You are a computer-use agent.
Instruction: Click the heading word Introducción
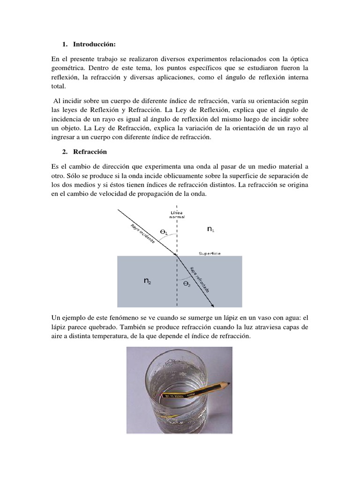[x=93, y=45]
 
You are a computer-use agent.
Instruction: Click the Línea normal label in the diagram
[x=177, y=215]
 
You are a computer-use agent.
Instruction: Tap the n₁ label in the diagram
[x=211, y=229]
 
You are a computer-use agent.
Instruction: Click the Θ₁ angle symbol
[x=164, y=231]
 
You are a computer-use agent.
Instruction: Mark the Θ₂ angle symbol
[x=187, y=284]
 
